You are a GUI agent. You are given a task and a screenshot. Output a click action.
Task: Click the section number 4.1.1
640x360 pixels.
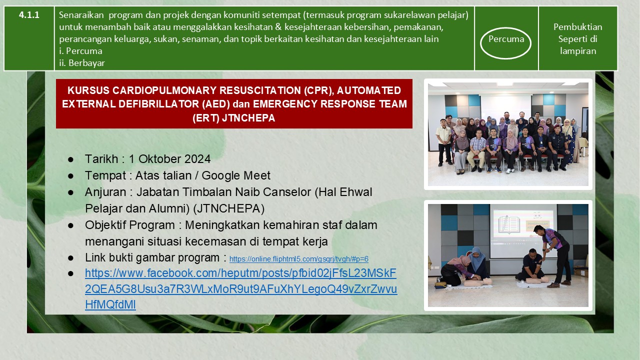point(29,15)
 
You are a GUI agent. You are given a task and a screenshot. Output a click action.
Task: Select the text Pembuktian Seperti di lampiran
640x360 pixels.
point(577,39)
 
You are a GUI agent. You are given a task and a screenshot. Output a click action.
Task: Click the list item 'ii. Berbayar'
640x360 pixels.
point(82,63)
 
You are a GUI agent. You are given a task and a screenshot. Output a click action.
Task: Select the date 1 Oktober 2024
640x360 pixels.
point(169,159)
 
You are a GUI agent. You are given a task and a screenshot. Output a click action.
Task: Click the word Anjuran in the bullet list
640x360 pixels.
point(105,192)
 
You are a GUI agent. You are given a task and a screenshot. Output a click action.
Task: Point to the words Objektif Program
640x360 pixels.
point(129,225)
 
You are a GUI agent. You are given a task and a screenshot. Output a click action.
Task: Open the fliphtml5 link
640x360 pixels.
point(299,259)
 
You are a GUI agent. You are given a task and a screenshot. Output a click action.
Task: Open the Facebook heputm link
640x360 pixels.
point(241,289)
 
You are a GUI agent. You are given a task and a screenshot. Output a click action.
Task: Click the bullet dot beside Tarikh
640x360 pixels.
point(70,159)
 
